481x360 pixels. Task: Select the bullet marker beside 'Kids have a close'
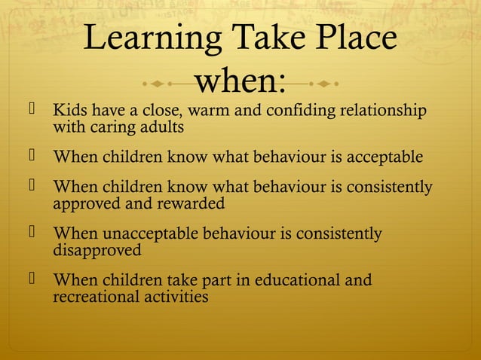click(32, 111)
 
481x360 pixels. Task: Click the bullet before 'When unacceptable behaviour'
click(32, 233)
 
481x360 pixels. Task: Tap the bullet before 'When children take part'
click(32, 280)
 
